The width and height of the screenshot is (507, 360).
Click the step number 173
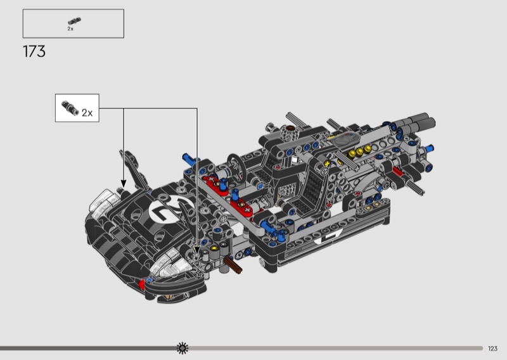click(34, 52)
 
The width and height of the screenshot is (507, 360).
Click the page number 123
click(492, 349)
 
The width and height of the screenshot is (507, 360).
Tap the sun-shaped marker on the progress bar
click(183, 348)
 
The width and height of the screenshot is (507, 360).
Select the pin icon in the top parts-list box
click(74, 22)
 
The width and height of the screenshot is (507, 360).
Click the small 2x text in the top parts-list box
click(70, 29)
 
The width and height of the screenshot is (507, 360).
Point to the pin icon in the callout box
click(70, 108)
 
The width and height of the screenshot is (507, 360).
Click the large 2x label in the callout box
click(87, 113)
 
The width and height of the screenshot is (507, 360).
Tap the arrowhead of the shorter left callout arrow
click(123, 183)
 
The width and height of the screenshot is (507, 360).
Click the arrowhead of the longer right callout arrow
click(196, 250)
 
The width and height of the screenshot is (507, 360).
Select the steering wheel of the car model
click(236, 167)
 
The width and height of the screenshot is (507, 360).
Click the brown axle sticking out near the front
click(233, 264)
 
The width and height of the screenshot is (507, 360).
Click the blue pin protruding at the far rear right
click(428, 148)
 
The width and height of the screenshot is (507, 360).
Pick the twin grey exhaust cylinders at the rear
click(417, 122)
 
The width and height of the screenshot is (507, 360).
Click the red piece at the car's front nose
click(142, 285)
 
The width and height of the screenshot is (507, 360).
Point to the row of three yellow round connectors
click(359, 151)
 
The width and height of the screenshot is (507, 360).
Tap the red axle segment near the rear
click(398, 170)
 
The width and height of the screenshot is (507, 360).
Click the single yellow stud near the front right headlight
click(214, 248)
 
